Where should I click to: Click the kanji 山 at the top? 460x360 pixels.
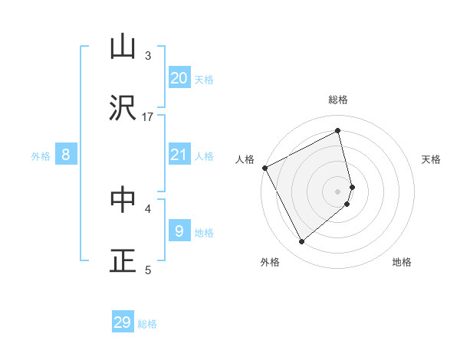click(123, 47)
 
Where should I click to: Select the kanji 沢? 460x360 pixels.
click(123, 107)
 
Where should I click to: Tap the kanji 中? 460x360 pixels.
click(123, 199)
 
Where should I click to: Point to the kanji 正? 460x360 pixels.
click(123, 260)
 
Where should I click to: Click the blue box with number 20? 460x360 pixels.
click(179, 77)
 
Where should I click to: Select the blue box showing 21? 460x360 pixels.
click(179, 155)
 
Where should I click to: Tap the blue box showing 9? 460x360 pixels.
click(179, 231)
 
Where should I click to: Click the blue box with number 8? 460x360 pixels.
click(66, 155)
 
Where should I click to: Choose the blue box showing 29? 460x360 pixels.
click(123, 322)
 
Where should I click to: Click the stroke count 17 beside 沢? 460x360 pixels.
click(148, 116)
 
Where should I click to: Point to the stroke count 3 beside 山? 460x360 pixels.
click(148, 55)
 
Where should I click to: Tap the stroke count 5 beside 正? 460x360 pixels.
click(148, 270)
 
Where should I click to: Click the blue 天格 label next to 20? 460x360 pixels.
click(204, 79)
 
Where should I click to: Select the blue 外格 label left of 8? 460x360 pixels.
click(41, 156)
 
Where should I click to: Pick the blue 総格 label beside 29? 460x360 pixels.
click(148, 324)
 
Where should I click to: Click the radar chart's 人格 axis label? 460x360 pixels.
click(245, 159)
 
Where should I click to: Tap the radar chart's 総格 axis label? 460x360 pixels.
click(338, 100)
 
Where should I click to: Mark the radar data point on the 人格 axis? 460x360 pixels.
click(265, 168)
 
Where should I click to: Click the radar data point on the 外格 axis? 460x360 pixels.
click(301, 242)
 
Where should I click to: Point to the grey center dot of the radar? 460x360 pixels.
click(338, 191)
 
